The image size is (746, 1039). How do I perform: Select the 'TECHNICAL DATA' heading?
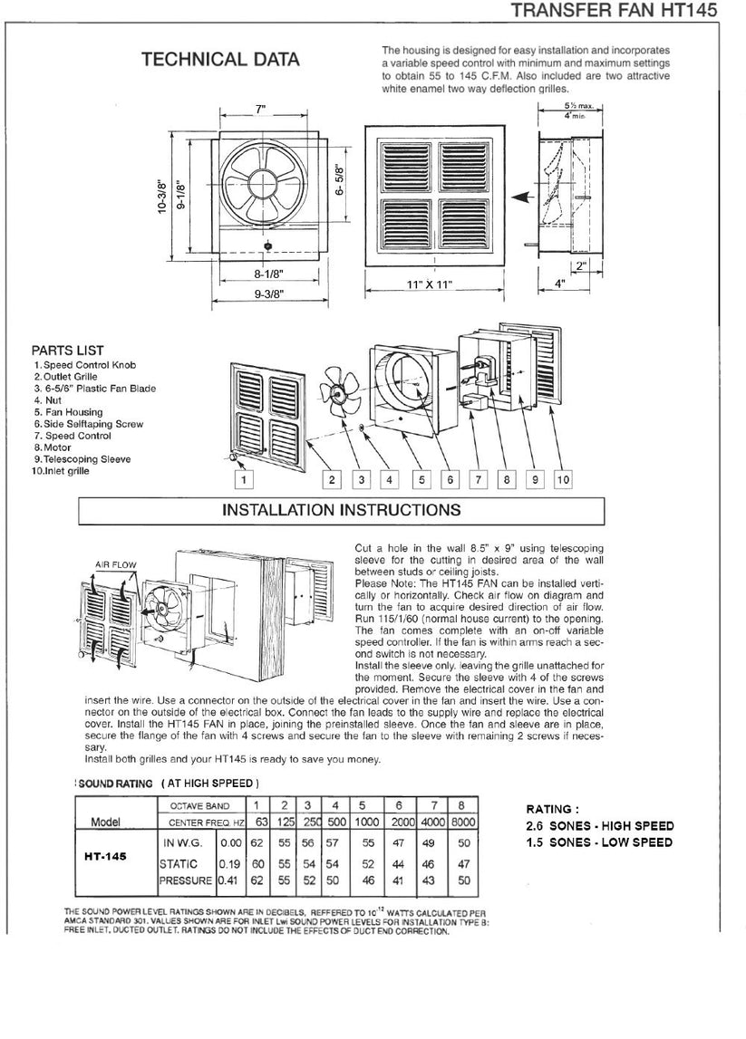click(219, 60)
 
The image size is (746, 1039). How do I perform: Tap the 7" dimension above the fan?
click(261, 109)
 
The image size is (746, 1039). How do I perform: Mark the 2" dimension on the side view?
click(581, 265)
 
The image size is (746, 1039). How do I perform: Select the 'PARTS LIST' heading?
click(67, 351)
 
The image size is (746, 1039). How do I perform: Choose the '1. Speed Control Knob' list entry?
click(84, 364)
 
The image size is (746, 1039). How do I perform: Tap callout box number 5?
click(421, 479)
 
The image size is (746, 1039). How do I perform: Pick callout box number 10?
click(562, 479)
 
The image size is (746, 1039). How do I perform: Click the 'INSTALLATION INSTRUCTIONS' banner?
click(341, 509)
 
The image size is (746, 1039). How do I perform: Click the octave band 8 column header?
click(461, 805)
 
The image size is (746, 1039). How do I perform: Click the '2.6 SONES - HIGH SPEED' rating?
click(599, 825)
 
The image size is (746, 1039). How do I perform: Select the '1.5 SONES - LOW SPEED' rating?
click(598, 842)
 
